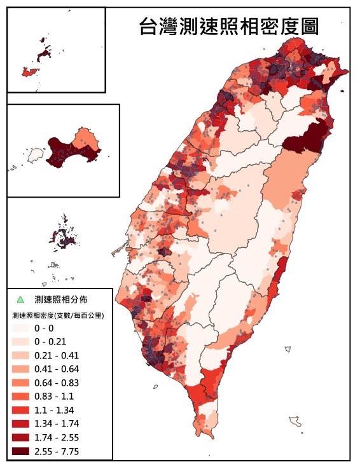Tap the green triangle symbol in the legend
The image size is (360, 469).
tap(20, 299)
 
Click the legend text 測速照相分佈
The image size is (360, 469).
tap(61, 299)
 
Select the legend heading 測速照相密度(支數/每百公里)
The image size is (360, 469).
tap(58, 315)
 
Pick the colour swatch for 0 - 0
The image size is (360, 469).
tap(20, 328)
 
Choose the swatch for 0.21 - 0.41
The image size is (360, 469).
tap(20, 355)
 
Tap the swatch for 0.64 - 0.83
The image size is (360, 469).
tap(20, 383)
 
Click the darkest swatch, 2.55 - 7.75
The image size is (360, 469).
tap(20, 451)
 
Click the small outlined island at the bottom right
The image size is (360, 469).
tap(294, 421)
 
